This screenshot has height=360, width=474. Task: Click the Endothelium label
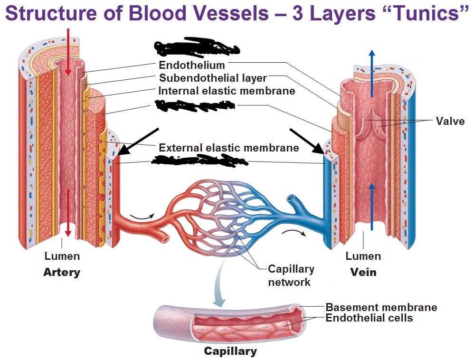coord(192,65)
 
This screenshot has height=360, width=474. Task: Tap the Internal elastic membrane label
coord(227,90)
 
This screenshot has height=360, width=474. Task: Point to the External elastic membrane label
coord(228,148)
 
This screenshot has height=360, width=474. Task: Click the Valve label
coord(450,121)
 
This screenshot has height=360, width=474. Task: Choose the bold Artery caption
coord(62,273)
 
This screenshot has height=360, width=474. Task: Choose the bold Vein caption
coord(363,272)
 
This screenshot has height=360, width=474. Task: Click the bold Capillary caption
coord(230,351)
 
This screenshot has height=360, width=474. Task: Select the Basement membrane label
coord(381,307)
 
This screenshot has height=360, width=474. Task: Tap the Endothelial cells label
coord(369,318)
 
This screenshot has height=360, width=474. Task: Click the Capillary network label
coord(291,275)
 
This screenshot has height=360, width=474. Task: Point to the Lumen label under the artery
coord(62,256)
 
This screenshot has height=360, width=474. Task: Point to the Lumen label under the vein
coord(363,256)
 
